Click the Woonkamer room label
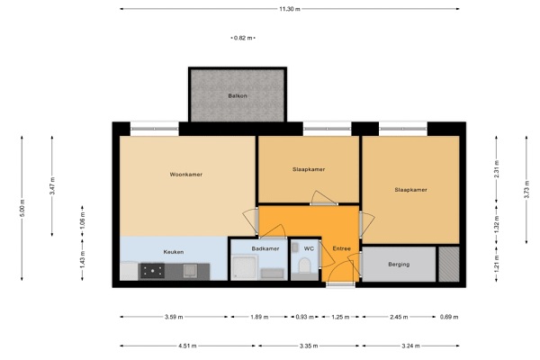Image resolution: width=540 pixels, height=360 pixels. click(186, 175)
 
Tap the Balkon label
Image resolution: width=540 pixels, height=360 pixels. click(238, 95)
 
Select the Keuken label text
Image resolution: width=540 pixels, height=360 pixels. click(174, 252)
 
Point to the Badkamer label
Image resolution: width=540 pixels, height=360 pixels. click(265, 248)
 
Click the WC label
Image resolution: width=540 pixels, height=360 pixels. click(309, 248)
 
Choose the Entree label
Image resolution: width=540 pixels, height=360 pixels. click(342, 248)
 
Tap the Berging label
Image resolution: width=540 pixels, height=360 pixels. click(399, 265)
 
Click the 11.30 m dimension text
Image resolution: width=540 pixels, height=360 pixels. click(290, 9)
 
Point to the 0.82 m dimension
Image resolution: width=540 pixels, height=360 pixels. click(243, 38)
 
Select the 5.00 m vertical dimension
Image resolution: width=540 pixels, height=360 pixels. click(22, 208)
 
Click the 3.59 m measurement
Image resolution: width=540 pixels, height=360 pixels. click(174, 317)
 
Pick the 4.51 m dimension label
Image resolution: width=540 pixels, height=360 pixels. click(187, 346)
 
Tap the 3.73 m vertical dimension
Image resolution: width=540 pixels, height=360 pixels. click(526, 190)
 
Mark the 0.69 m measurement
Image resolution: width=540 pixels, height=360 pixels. click(449, 317)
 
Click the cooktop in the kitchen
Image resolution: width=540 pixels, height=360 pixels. click(152, 271)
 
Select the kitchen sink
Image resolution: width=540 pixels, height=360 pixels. click(190, 271)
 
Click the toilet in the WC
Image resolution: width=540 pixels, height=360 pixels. click(304, 265)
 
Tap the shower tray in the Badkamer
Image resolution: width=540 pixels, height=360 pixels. click(245, 267)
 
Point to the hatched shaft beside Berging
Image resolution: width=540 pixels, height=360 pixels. click(449, 264)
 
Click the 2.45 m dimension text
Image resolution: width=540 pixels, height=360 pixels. click(399, 317)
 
